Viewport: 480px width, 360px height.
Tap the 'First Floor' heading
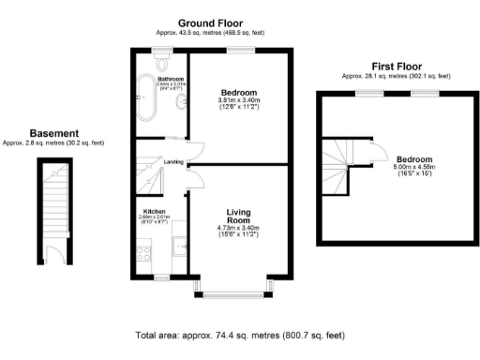tap(396, 67)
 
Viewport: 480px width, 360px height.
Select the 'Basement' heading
tap(52, 133)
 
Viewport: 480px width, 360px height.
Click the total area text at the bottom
tap(240, 335)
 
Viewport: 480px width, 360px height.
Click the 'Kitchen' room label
tap(154, 212)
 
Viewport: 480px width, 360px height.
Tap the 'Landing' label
tap(173, 162)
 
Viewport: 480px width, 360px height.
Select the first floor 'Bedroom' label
tap(413, 158)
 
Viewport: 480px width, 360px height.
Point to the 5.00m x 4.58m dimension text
tap(413, 167)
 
